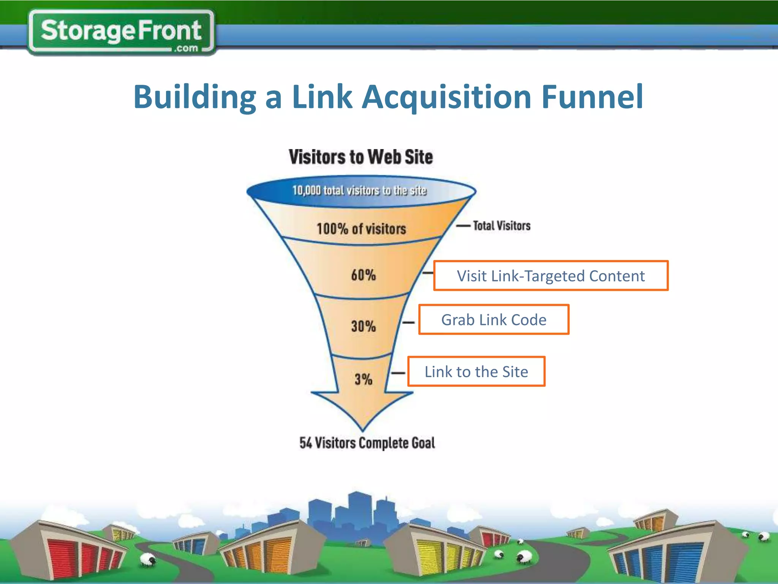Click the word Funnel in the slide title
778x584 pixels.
(592, 97)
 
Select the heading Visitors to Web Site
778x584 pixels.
(361, 157)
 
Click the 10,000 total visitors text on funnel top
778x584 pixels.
(359, 190)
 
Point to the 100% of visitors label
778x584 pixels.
(361, 229)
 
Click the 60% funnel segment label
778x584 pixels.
(363, 275)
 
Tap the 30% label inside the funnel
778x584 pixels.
(363, 326)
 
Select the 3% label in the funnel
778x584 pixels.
(363, 379)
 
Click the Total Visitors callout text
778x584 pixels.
(501, 226)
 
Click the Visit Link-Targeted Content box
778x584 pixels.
(550, 276)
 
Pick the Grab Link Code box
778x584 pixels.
(493, 320)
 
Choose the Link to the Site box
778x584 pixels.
(476, 372)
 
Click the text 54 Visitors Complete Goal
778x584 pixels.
(367, 443)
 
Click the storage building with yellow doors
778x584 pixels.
(437, 551)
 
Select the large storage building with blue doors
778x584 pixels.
(669, 555)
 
